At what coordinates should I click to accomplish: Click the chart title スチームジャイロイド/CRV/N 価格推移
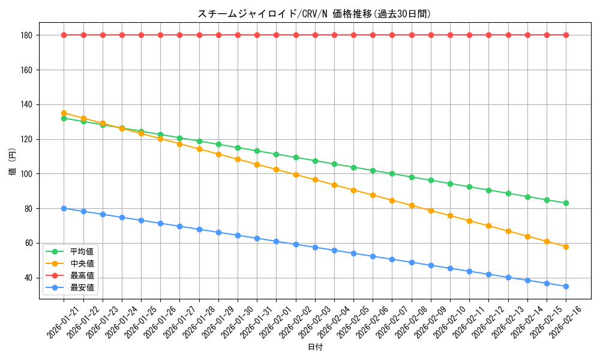point(314,14)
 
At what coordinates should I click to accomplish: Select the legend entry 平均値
point(82,251)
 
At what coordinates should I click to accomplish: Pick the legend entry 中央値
point(82,263)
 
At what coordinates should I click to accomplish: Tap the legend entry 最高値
point(82,275)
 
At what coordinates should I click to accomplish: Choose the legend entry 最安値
point(82,287)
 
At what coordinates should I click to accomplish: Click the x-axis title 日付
point(314,347)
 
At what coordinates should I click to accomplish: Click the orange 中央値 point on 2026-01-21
point(64,113)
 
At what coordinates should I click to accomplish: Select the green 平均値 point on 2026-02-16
point(566,203)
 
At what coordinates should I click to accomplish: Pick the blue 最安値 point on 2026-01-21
point(64,208)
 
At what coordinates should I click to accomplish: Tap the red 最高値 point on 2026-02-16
point(566,35)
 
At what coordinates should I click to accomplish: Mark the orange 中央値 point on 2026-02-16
point(566,247)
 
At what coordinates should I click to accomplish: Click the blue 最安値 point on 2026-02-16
point(566,286)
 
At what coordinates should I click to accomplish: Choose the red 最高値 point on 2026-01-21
point(64,35)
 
